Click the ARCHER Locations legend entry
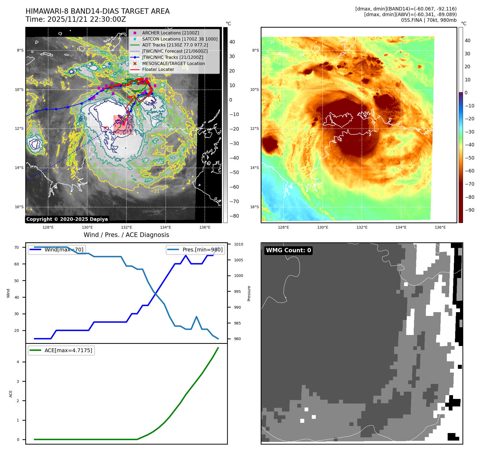click(x=171, y=33)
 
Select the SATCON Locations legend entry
click(x=180, y=39)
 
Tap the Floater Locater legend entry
click(x=158, y=69)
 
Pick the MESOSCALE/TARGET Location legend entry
click(x=173, y=63)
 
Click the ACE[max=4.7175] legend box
click(x=61, y=350)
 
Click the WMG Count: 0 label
click(x=288, y=250)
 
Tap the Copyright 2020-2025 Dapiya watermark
click(x=67, y=219)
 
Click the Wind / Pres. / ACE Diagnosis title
click(x=126, y=235)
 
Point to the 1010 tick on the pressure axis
click(x=238, y=244)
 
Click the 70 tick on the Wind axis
click(x=17, y=247)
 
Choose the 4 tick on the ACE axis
click(x=18, y=362)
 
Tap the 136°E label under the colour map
click(x=440, y=227)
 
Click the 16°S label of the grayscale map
click(x=19, y=207)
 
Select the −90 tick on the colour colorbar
click(x=469, y=210)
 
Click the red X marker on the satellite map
click(x=105, y=128)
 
